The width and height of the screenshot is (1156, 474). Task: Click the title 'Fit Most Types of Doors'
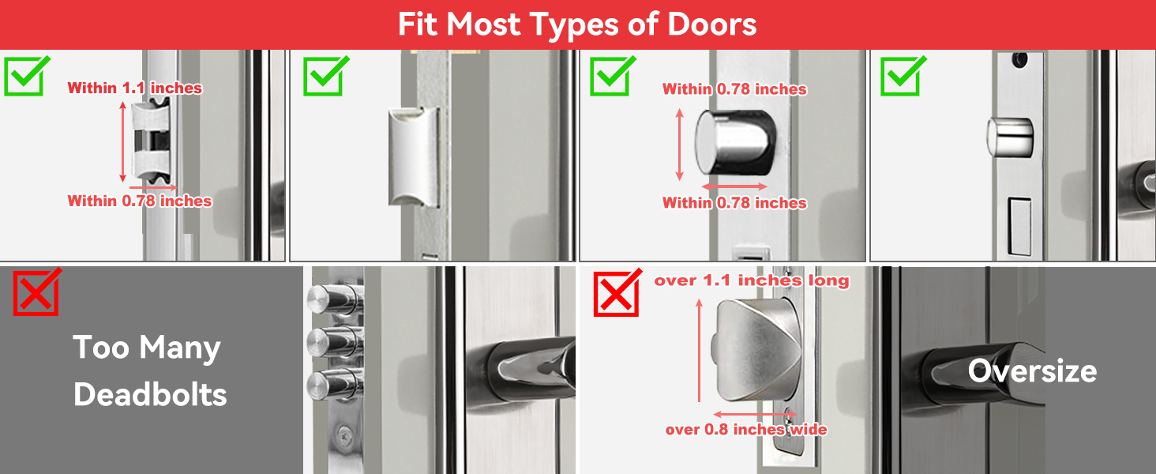click(577, 24)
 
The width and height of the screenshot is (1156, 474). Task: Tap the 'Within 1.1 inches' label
click(134, 88)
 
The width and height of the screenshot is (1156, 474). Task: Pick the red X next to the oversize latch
click(618, 292)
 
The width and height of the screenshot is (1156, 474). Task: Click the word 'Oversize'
click(1032, 371)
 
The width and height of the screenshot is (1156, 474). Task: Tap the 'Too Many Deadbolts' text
click(149, 371)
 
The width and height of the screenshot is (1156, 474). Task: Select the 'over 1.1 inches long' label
click(751, 280)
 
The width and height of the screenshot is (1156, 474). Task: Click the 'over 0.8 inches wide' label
click(745, 430)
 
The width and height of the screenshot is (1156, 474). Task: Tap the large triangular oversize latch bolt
click(754, 348)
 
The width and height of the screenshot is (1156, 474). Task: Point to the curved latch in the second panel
click(413, 157)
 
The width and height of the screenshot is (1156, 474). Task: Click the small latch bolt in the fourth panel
click(1010, 137)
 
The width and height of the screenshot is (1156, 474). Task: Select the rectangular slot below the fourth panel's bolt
click(1019, 226)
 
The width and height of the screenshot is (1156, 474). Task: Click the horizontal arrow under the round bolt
click(734, 187)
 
